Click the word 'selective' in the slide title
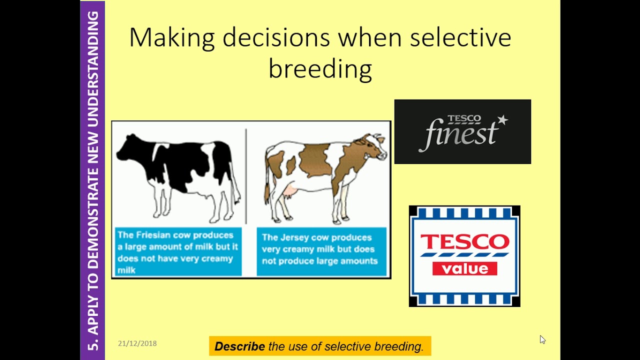point(460,38)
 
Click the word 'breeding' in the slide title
point(320,69)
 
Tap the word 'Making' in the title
point(172,38)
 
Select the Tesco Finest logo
point(462,131)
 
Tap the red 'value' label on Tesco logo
point(464,268)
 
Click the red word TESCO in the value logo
point(464,242)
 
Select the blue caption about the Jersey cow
point(321,252)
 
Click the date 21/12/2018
point(137,343)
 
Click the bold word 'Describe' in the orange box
point(239,346)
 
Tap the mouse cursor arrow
point(542,339)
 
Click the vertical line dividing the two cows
point(246,175)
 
